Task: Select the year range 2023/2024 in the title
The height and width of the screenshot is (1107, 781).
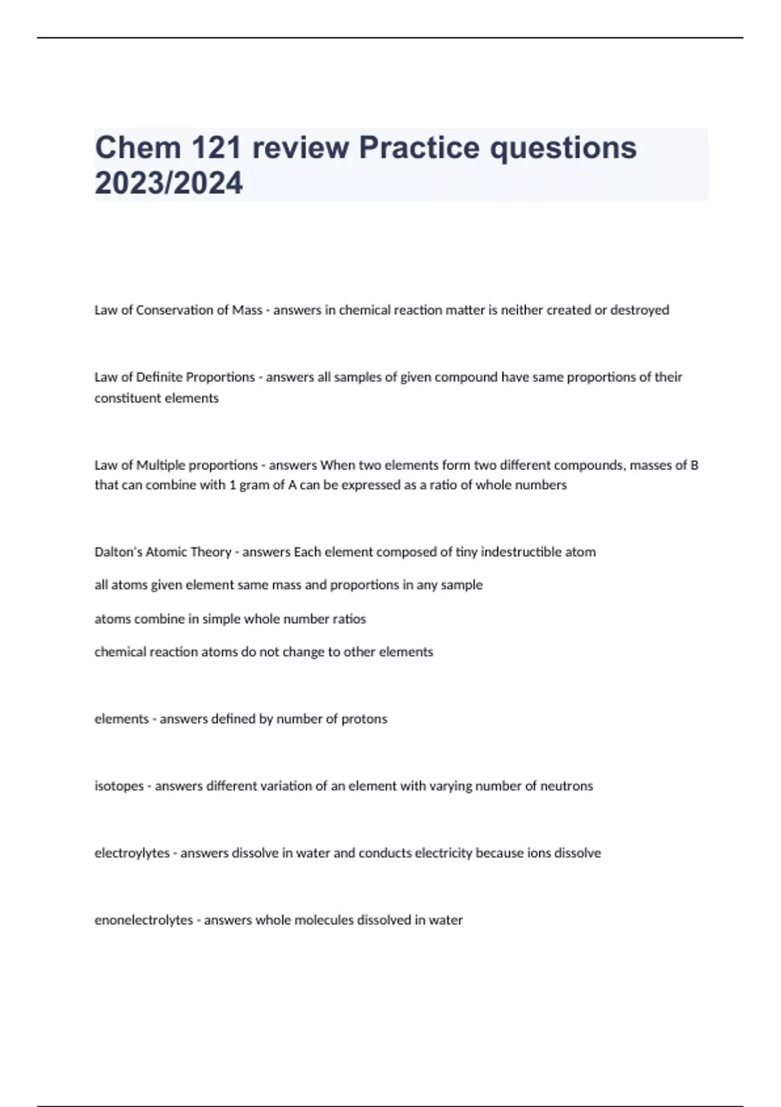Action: pyautogui.click(x=169, y=182)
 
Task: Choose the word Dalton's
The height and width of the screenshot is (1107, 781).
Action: pyautogui.click(x=118, y=552)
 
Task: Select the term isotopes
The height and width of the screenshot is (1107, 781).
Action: pyautogui.click(x=119, y=786)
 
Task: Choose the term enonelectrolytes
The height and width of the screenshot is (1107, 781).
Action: pyautogui.click(x=144, y=920)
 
